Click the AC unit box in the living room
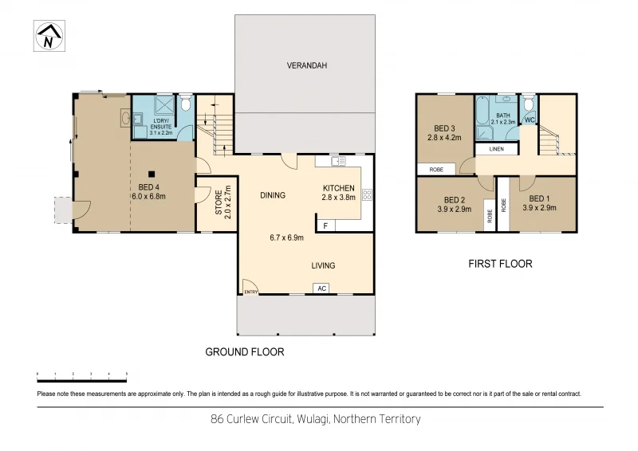321,288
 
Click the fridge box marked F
325,226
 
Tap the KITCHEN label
338,189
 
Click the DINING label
273,194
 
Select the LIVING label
323,265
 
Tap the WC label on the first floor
529,120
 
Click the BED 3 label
444,128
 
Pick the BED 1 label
539,198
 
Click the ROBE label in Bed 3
436,169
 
